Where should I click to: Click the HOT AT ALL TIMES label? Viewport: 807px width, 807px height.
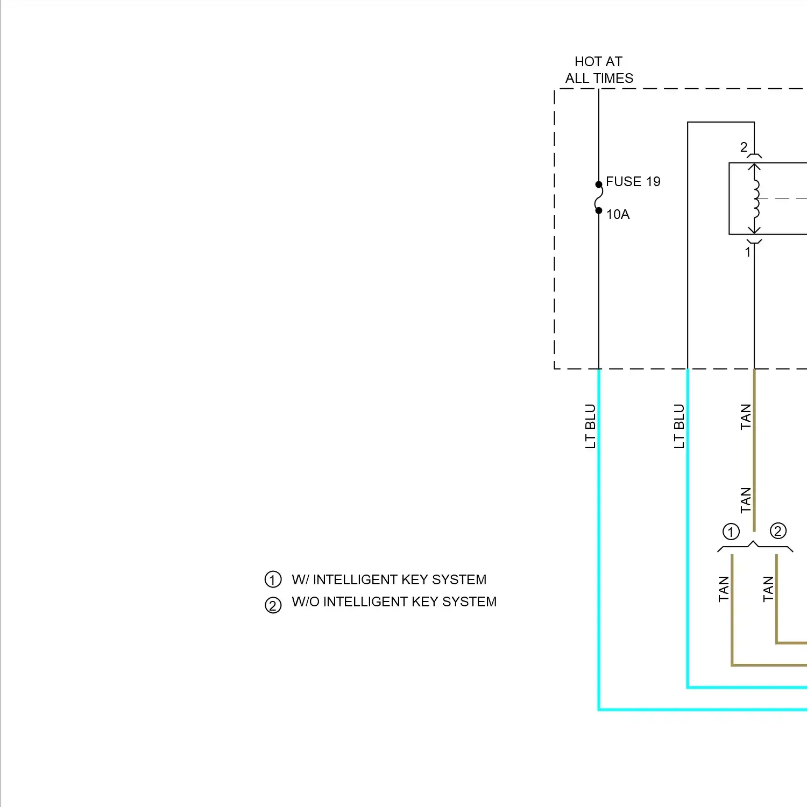tap(599, 70)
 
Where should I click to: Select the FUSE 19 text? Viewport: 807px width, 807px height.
tap(633, 182)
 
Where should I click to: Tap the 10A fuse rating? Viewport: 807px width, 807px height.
tap(618, 215)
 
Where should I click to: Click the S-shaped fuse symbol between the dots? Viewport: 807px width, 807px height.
tap(598, 197)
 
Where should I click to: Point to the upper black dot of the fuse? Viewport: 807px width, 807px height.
tap(599, 185)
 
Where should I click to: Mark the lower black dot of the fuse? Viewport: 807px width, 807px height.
tap(599, 210)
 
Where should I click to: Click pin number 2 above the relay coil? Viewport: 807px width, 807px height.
tap(744, 147)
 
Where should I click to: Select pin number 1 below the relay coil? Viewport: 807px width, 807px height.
tap(747, 252)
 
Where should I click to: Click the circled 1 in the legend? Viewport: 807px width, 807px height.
tap(273, 579)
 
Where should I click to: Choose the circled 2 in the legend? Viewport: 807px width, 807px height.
tap(273, 605)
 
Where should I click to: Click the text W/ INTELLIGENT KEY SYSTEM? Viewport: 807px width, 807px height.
tap(388, 579)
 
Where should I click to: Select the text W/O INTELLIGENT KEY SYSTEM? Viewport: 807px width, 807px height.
tap(394, 601)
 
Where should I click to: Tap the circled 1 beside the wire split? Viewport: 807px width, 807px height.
tap(731, 532)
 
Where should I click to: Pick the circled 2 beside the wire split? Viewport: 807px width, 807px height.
tap(778, 531)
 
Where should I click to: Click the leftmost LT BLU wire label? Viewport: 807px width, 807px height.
tap(590, 426)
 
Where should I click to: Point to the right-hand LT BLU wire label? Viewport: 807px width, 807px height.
tap(679, 426)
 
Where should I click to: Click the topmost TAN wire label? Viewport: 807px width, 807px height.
tap(745, 417)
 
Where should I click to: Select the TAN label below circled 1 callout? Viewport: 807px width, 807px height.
tap(724, 589)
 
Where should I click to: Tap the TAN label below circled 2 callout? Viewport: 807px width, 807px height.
tap(768, 589)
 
